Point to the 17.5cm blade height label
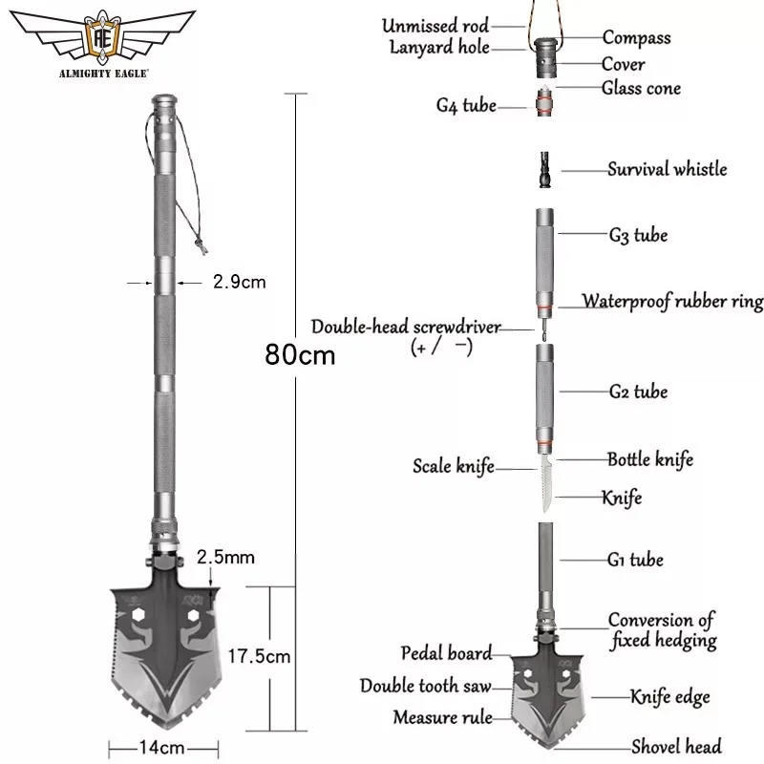pos(259,656)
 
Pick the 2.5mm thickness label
pos(225,556)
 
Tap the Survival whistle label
pos(680,170)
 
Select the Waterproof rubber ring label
pos(673,302)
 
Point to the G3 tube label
pos(637,234)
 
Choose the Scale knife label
pos(454,467)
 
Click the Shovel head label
pos(676,746)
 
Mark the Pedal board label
pos(447,654)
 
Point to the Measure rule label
pos(441,715)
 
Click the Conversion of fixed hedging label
pos(661,630)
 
